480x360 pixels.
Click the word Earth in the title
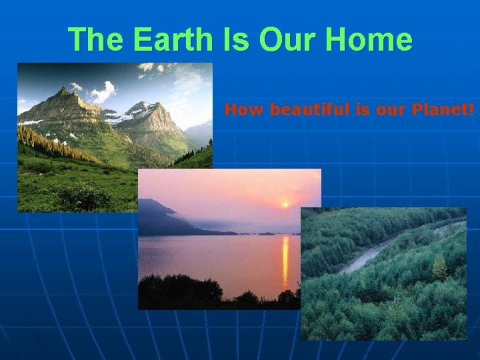[171, 39]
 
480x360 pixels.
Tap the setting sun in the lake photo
[286, 205]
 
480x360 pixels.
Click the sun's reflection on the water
[285, 260]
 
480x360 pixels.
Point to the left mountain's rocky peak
[64, 93]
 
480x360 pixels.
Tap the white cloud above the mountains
[103, 91]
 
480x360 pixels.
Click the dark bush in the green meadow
[83, 197]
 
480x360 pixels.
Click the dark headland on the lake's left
[160, 220]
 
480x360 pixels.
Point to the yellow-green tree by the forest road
[439, 267]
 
